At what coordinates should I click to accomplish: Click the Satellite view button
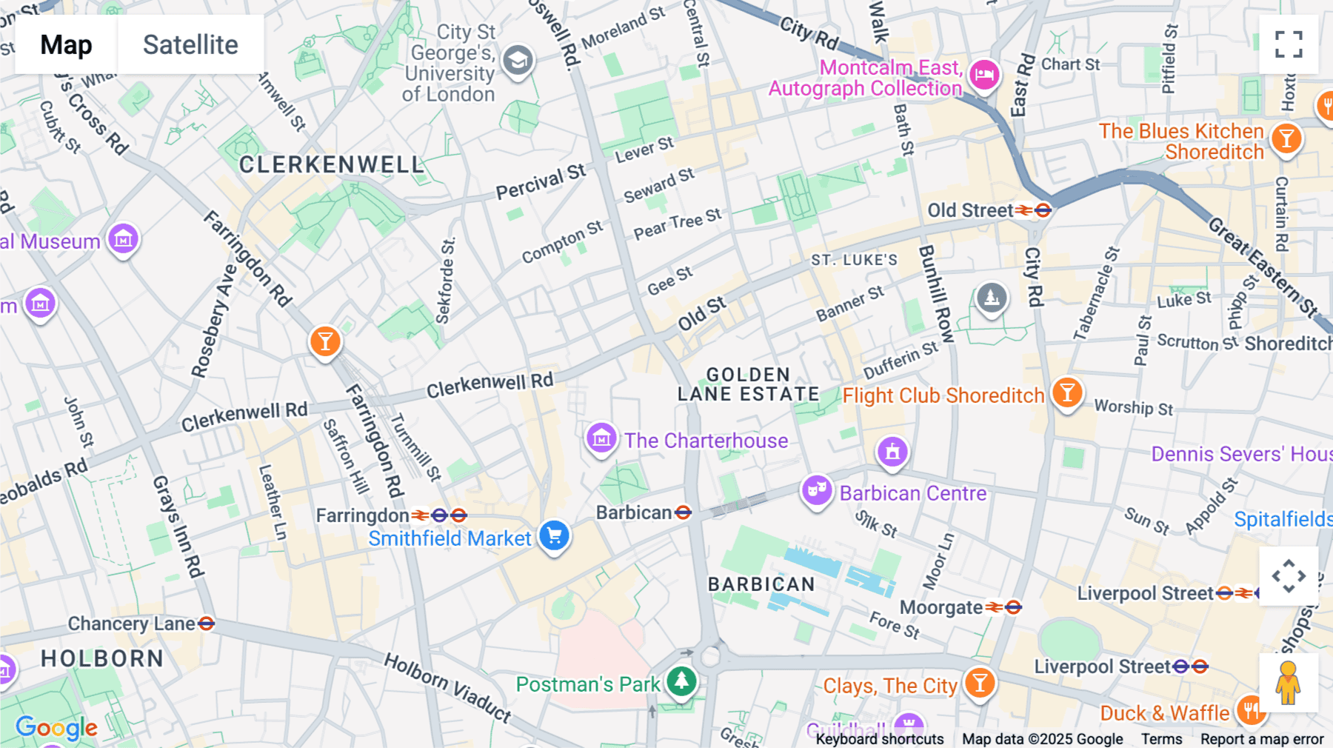pyautogui.click(x=190, y=44)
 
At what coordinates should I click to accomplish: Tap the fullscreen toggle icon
pyautogui.click(x=1289, y=44)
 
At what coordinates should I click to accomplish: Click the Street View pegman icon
pyautogui.click(x=1288, y=683)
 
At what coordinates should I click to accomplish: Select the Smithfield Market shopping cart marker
pyautogui.click(x=554, y=535)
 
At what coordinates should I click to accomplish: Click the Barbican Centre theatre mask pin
pyautogui.click(x=816, y=490)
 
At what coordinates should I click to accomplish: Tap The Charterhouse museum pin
pyautogui.click(x=601, y=438)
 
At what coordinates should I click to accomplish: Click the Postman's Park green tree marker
pyautogui.click(x=681, y=681)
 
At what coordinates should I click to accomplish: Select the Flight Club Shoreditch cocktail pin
pyautogui.click(x=1066, y=393)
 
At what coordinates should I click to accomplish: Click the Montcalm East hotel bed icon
pyautogui.click(x=984, y=75)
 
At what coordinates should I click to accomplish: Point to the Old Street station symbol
pyautogui.click(x=1033, y=211)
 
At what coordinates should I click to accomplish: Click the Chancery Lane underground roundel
pyautogui.click(x=207, y=624)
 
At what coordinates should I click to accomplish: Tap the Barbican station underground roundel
pyautogui.click(x=683, y=512)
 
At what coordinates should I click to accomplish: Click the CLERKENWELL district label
pyautogui.click(x=331, y=164)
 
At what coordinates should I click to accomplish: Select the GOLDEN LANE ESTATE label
pyautogui.click(x=748, y=384)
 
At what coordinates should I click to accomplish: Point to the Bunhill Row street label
pyautogui.click(x=936, y=293)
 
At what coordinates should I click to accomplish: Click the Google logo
pyautogui.click(x=56, y=728)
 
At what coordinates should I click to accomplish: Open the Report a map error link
pyautogui.click(x=1261, y=739)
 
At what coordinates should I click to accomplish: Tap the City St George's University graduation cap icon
pyautogui.click(x=518, y=60)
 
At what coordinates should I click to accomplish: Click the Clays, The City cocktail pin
pyautogui.click(x=979, y=682)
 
